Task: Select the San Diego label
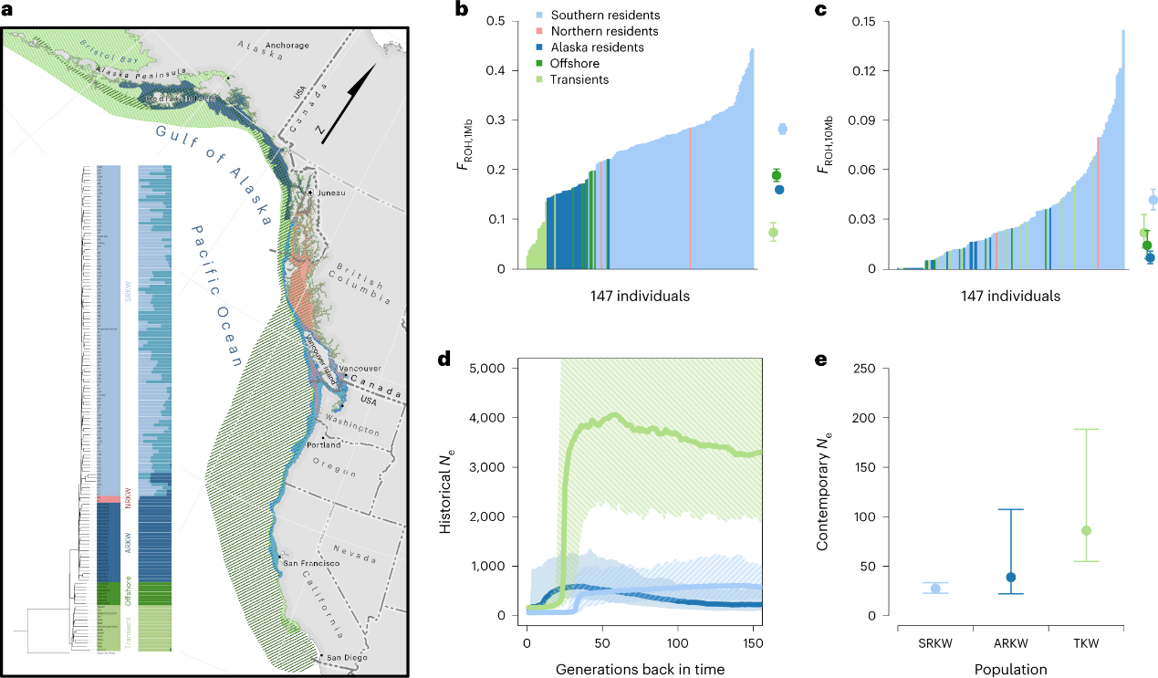tap(347, 658)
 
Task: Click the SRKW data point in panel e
tap(934, 589)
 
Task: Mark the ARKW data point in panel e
tap(1010, 578)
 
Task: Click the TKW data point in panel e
tap(1086, 531)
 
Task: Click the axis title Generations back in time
tap(640, 669)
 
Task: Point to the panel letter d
tap(445, 359)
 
